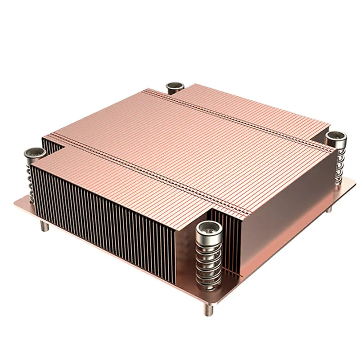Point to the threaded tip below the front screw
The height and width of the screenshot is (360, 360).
(210, 310)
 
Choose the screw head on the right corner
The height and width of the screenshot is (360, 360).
(335, 136)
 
